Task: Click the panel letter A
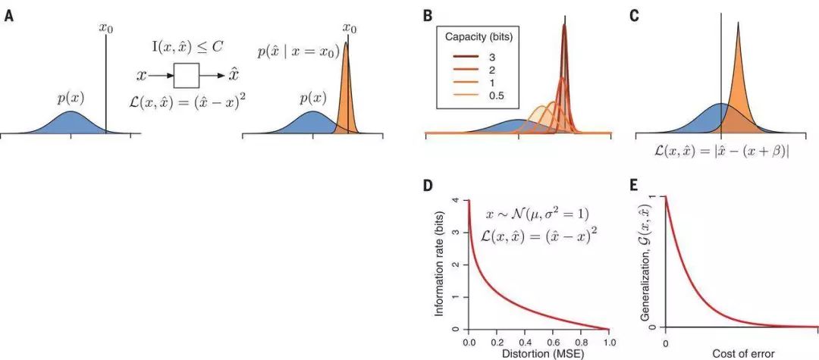click(x=8, y=15)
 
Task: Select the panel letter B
click(x=428, y=15)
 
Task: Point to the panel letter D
click(x=428, y=186)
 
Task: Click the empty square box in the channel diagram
click(x=187, y=76)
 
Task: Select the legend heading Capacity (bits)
click(x=476, y=36)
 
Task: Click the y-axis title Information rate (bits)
click(x=440, y=265)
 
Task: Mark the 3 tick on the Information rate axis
click(x=457, y=232)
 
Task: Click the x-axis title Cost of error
click(x=742, y=354)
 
